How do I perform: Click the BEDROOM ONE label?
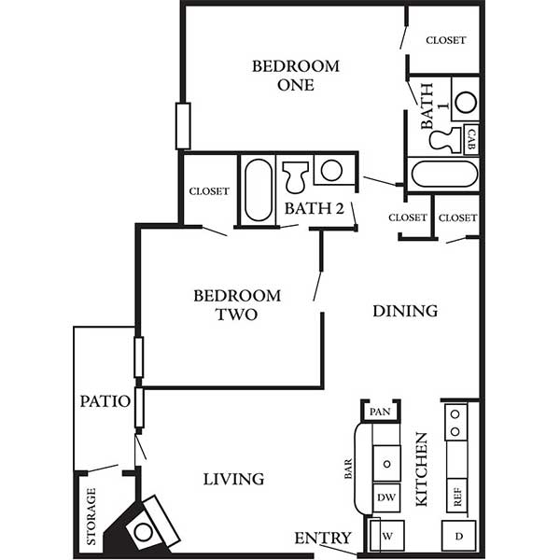[x=296, y=76]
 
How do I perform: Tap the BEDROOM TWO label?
[x=237, y=305]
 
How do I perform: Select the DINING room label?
[x=405, y=311]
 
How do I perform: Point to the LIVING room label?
[x=233, y=480]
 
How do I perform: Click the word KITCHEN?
[x=422, y=469]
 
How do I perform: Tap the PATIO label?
[x=105, y=401]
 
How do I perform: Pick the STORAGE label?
[x=91, y=516]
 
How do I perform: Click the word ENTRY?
[x=323, y=538]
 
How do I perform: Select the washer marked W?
[x=386, y=536]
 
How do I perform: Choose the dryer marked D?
[x=458, y=536]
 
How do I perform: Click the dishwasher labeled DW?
[x=386, y=497]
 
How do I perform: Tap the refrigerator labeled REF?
[x=456, y=497]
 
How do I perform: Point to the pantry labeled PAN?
[x=380, y=412]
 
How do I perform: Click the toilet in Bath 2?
[x=295, y=176]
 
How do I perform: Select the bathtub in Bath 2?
[x=259, y=190]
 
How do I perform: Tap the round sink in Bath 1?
[x=466, y=103]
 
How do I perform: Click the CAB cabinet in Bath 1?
[x=471, y=139]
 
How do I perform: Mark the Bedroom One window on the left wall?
[x=183, y=126]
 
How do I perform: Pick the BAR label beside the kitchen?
[x=348, y=469]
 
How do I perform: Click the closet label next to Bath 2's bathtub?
[x=209, y=191]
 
